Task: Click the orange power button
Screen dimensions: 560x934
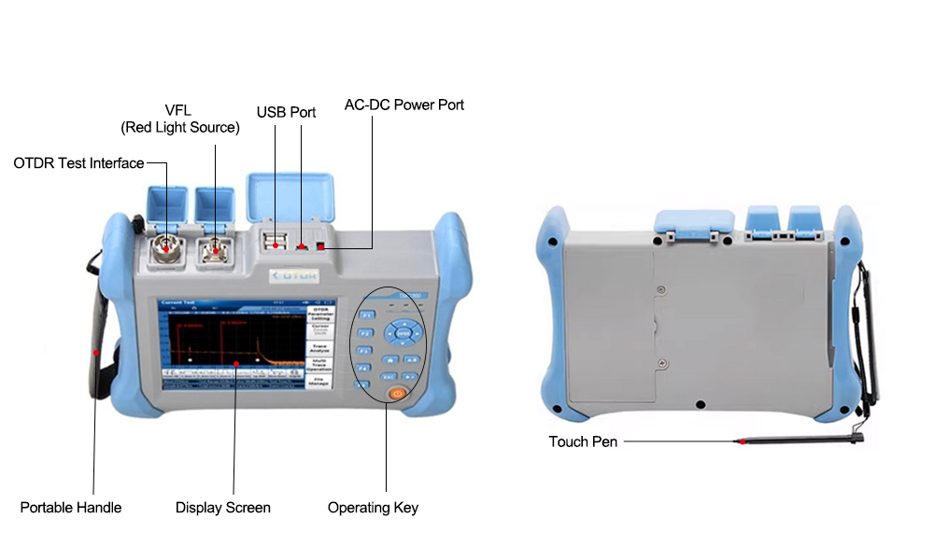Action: pyautogui.click(x=398, y=394)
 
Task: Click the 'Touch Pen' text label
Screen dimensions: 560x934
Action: pyautogui.click(x=583, y=441)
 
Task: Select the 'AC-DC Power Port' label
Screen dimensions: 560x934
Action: pyautogui.click(x=404, y=105)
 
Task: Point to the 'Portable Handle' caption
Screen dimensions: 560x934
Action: pyautogui.click(x=71, y=508)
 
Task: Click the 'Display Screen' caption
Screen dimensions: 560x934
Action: pyautogui.click(x=223, y=508)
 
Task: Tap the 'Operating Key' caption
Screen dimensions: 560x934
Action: pyautogui.click(x=373, y=508)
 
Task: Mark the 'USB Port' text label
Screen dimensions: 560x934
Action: pyautogui.click(x=287, y=112)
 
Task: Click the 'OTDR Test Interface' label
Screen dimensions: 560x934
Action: pyautogui.click(x=78, y=163)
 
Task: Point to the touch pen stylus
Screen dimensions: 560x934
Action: pyautogui.click(x=794, y=441)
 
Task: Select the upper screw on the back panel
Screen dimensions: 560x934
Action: pyautogui.click(x=661, y=285)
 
